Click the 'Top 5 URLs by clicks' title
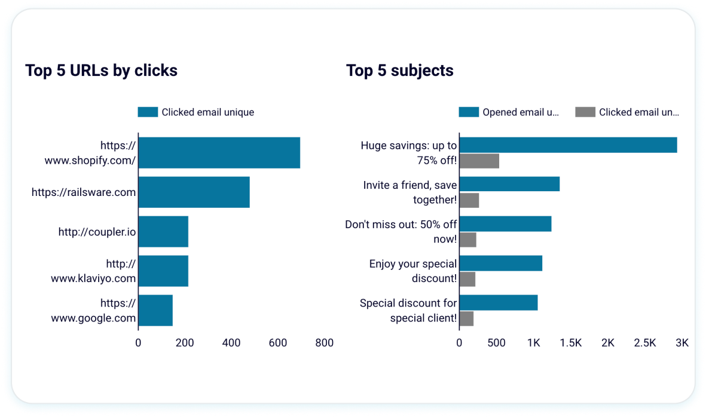point(101,70)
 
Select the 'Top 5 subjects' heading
point(399,70)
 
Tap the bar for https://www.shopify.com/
point(219,153)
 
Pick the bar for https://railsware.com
point(194,192)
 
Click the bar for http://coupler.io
point(163,232)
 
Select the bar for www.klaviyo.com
point(163,271)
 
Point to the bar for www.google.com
point(155,311)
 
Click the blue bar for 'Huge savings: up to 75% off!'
point(568,145)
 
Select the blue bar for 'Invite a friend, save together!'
point(509,184)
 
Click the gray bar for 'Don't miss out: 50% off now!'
point(467,240)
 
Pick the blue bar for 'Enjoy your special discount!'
point(500,263)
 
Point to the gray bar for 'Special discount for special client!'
point(466,318)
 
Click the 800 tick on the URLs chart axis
point(325,343)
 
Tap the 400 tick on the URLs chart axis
point(231,343)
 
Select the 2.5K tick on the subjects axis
point(644,343)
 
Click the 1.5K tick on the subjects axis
point(570,343)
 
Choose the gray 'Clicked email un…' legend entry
point(628,112)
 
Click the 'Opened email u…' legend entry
point(509,112)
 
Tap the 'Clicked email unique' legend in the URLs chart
point(196,112)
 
